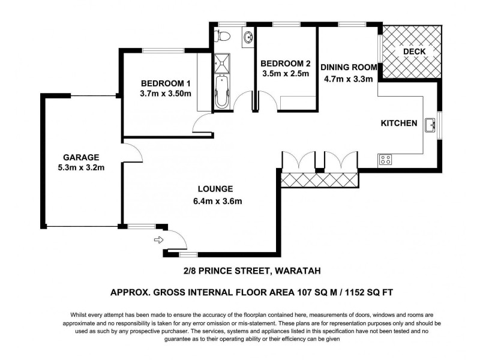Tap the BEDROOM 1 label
tap(166, 83)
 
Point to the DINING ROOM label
tap(349, 67)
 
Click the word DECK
tap(414, 52)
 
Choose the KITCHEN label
tap(399, 124)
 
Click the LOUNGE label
tap(209, 188)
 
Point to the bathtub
tap(222, 91)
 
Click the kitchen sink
tap(430, 125)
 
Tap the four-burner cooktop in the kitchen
tap(385, 160)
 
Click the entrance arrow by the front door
tap(159, 240)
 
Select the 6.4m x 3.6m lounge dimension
tap(218, 201)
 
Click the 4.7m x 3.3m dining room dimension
tap(349, 79)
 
